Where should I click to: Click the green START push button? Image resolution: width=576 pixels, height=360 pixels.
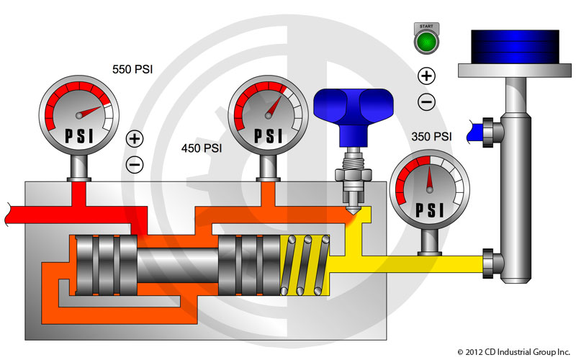pyautogui.click(x=426, y=42)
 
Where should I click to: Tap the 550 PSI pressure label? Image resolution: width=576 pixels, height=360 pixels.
pyautogui.click(x=133, y=70)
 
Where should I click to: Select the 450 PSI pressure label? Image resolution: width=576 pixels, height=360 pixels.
pyautogui.click(x=202, y=148)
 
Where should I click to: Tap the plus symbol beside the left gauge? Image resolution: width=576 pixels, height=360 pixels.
pyautogui.click(x=135, y=138)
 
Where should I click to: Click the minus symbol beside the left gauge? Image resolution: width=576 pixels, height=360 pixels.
pyautogui.click(x=135, y=164)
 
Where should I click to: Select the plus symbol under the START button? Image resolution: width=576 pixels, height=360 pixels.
pyautogui.click(x=426, y=76)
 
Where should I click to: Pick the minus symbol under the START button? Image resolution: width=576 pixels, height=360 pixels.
pyautogui.click(x=426, y=102)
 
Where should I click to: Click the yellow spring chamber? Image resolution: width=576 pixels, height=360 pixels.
pyautogui.click(x=305, y=264)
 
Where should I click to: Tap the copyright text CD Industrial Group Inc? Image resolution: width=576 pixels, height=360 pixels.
pyautogui.click(x=513, y=351)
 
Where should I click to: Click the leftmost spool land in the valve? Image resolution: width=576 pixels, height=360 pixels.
pyautogui.click(x=86, y=264)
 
